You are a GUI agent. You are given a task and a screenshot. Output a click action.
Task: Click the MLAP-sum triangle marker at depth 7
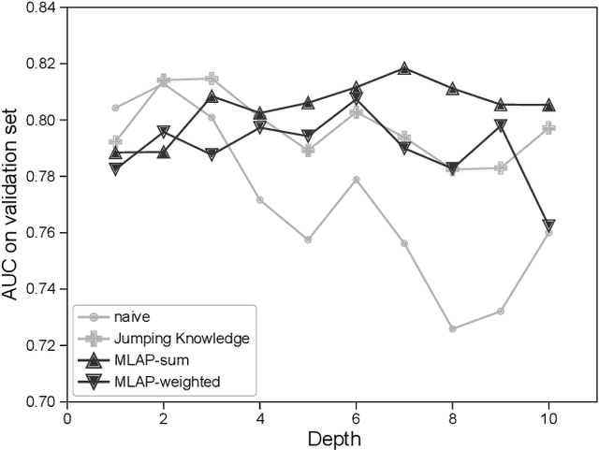point(404,68)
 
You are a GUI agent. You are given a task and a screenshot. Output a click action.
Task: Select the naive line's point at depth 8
point(452,328)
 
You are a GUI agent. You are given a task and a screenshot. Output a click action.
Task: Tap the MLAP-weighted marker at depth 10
point(548,225)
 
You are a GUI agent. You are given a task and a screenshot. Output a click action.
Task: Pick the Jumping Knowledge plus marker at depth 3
point(212,79)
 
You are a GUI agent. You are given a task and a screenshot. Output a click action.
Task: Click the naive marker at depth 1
point(115,108)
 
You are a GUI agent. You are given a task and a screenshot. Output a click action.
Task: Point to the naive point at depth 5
point(308,240)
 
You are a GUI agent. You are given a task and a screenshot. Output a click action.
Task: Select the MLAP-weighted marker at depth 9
point(501,124)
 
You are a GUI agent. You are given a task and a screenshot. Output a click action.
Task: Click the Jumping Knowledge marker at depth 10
point(548,127)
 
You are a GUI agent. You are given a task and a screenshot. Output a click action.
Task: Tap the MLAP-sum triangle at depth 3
point(212,96)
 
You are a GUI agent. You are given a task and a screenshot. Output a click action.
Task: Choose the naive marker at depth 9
point(501,311)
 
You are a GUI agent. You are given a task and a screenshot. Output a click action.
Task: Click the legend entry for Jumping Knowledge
point(168,336)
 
